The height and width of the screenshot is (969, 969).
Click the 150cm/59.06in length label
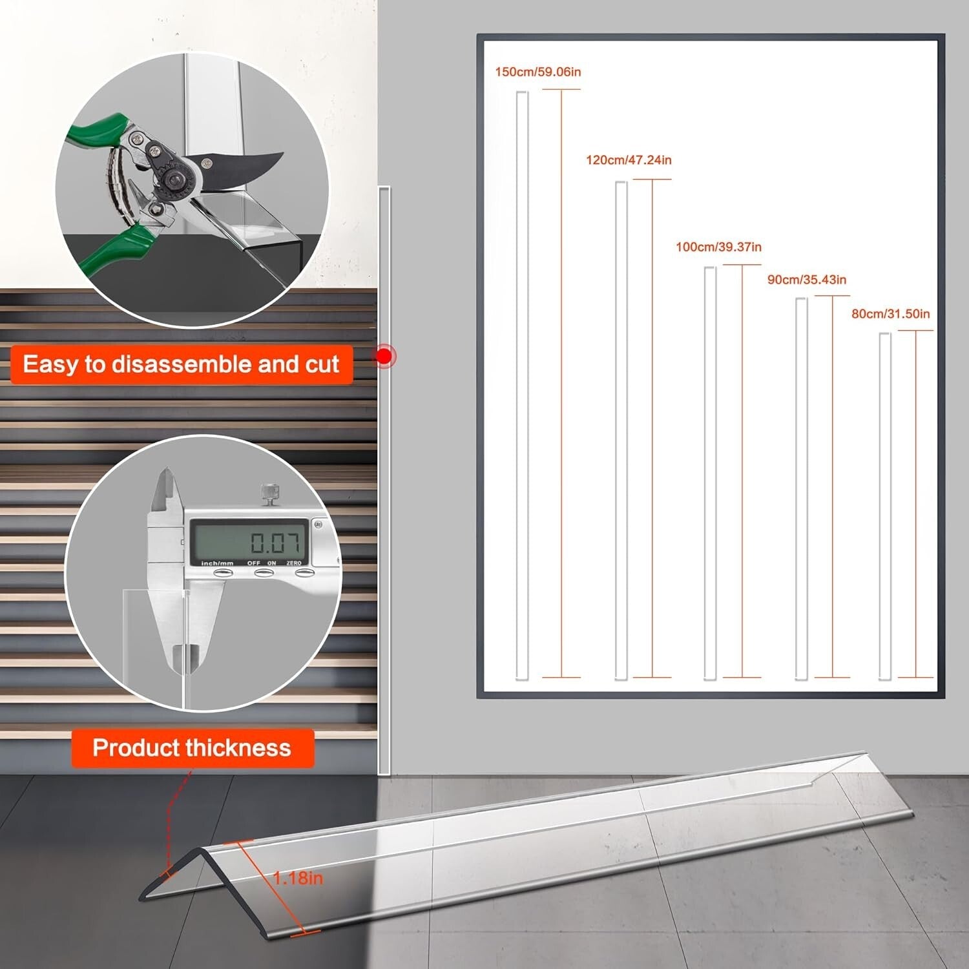coord(537,72)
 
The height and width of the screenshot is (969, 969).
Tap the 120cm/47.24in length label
coord(628,160)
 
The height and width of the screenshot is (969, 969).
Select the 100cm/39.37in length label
coord(718,247)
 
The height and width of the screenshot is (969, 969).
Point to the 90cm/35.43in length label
coord(806,280)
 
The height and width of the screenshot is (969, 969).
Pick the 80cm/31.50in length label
coord(890,314)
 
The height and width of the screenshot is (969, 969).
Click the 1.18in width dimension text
coord(298,878)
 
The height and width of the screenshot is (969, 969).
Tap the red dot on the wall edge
coord(385,355)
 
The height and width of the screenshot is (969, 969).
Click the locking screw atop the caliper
coord(268,492)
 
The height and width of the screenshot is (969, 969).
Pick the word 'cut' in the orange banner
coord(322,364)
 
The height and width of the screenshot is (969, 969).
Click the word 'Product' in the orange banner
coord(135,747)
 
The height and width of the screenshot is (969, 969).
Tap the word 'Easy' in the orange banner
coord(50,364)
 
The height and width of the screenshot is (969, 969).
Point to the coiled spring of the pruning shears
coord(116,187)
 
